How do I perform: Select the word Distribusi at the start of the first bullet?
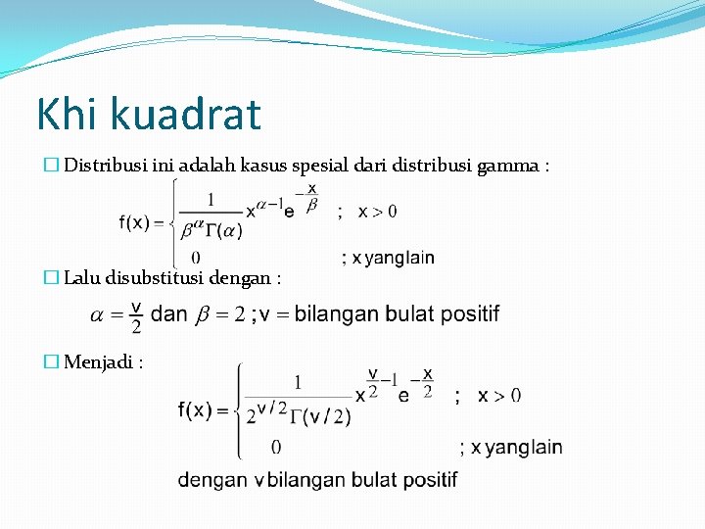106,167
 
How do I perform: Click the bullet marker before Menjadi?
52,362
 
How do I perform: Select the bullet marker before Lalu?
52,278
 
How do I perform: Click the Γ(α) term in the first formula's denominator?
223,231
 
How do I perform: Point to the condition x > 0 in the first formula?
377,212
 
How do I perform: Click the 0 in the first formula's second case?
197,258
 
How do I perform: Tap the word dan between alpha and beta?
169,314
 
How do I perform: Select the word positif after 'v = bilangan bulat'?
469,314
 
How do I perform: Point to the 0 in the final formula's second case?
276,448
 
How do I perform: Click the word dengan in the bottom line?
213,480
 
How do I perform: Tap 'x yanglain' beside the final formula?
517,448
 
